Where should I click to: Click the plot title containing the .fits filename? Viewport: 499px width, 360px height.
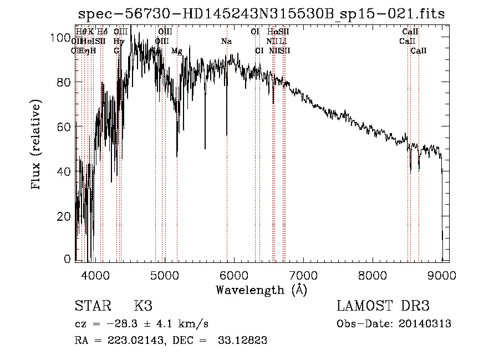click(x=261, y=14)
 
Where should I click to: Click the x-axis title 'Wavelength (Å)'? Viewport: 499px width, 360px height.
click(x=261, y=290)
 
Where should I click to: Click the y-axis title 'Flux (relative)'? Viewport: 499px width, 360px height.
click(x=37, y=145)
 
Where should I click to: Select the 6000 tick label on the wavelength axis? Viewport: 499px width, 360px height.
click(x=233, y=275)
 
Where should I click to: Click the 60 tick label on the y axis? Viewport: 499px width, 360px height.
click(x=65, y=126)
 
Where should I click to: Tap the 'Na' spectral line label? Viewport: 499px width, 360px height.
click(x=226, y=42)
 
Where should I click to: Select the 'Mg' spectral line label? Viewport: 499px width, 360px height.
click(x=176, y=51)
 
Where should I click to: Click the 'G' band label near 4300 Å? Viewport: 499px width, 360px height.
click(x=116, y=51)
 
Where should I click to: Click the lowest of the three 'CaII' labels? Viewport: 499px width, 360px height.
click(x=419, y=51)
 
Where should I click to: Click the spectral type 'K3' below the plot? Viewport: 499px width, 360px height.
click(x=143, y=306)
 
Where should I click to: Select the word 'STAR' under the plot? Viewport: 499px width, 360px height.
click(x=92, y=306)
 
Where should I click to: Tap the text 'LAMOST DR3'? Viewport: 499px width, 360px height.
click(x=383, y=306)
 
